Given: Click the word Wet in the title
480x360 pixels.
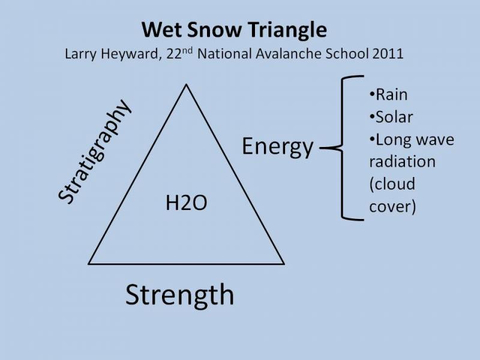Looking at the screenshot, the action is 161,29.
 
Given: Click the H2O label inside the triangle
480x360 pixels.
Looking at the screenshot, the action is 186,203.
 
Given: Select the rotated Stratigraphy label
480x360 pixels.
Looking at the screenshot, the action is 95,151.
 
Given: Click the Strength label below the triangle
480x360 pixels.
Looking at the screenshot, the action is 179,295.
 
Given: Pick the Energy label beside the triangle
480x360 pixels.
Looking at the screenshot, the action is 278,147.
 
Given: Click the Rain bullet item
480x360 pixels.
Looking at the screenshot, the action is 388,94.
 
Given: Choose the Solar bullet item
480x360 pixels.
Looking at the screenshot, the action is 391,117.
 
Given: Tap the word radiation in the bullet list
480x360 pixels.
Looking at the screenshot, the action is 402,161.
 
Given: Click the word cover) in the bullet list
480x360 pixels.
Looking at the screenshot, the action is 392,206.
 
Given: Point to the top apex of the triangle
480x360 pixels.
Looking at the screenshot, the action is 186,85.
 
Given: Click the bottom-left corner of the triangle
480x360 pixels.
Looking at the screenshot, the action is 89,264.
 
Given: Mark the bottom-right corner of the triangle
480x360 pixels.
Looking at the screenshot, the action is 284,264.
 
